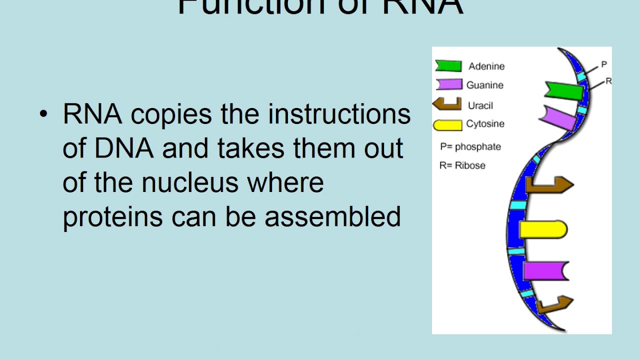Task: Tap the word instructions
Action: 339,114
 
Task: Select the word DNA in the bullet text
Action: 123,148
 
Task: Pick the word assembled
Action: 332,216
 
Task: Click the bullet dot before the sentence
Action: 43,114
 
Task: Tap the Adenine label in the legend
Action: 486,66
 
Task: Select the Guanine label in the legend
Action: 484,85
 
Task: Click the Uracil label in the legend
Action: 480,105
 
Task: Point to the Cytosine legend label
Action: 485,124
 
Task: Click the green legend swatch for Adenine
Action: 448,65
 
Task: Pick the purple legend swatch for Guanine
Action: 448,84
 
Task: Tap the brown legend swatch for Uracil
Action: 447,104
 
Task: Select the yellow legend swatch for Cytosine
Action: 447,125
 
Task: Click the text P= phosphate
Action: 470,146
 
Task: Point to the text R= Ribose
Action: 462,165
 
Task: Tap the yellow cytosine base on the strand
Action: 543,229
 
